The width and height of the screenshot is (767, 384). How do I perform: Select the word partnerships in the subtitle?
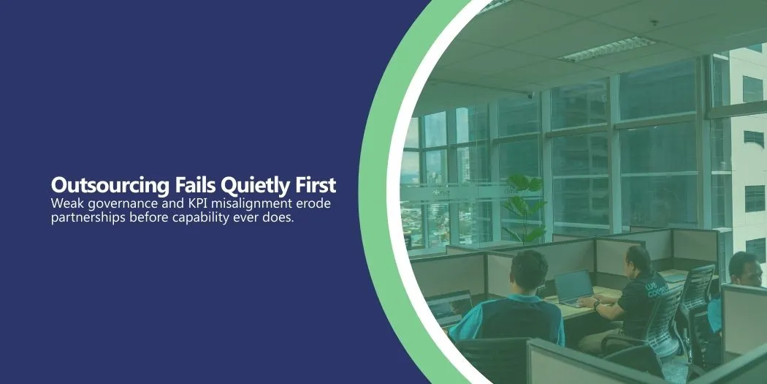88,218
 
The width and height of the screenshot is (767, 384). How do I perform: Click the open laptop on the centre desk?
573,288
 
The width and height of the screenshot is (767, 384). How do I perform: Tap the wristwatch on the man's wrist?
596,305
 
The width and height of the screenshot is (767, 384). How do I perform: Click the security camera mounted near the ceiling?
530,96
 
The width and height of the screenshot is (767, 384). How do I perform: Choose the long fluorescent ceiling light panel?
606,50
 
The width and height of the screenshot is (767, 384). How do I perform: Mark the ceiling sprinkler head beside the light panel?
654,23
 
